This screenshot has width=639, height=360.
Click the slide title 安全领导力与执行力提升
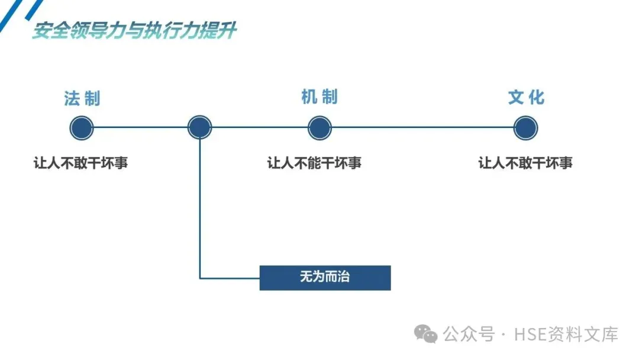[x=134, y=31]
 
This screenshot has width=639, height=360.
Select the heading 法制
[x=82, y=98]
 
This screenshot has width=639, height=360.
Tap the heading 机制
[x=319, y=97]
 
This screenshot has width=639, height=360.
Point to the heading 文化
[x=526, y=98]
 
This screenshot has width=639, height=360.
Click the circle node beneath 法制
[x=82, y=128]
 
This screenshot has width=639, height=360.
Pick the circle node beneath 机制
[x=319, y=128]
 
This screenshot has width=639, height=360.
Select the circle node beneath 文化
[x=525, y=128]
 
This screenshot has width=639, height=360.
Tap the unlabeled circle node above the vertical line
[x=199, y=127]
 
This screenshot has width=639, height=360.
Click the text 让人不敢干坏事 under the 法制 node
[x=80, y=163]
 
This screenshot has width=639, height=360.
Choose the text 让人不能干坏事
[x=314, y=163]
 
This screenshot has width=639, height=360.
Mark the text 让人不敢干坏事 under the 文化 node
[x=525, y=163]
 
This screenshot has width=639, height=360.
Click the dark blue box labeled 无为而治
[x=325, y=277]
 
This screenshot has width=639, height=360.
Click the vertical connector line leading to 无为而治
[x=200, y=207]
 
